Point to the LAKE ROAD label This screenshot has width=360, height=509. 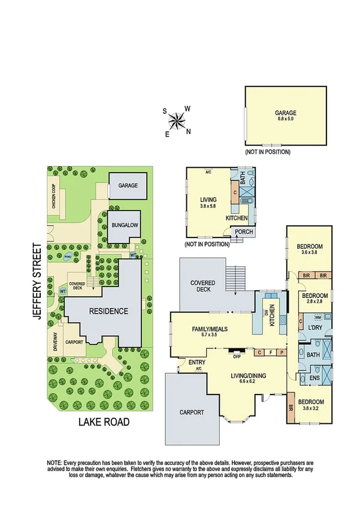(x=104, y=422)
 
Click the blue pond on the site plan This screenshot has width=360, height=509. (x=67, y=258)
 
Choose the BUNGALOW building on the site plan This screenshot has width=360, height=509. (x=125, y=226)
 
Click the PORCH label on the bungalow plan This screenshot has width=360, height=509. (x=243, y=232)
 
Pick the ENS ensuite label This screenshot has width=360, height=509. (x=314, y=378)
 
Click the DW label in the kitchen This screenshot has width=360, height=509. (x=265, y=312)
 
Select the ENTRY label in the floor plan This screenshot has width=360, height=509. (x=196, y=362)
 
